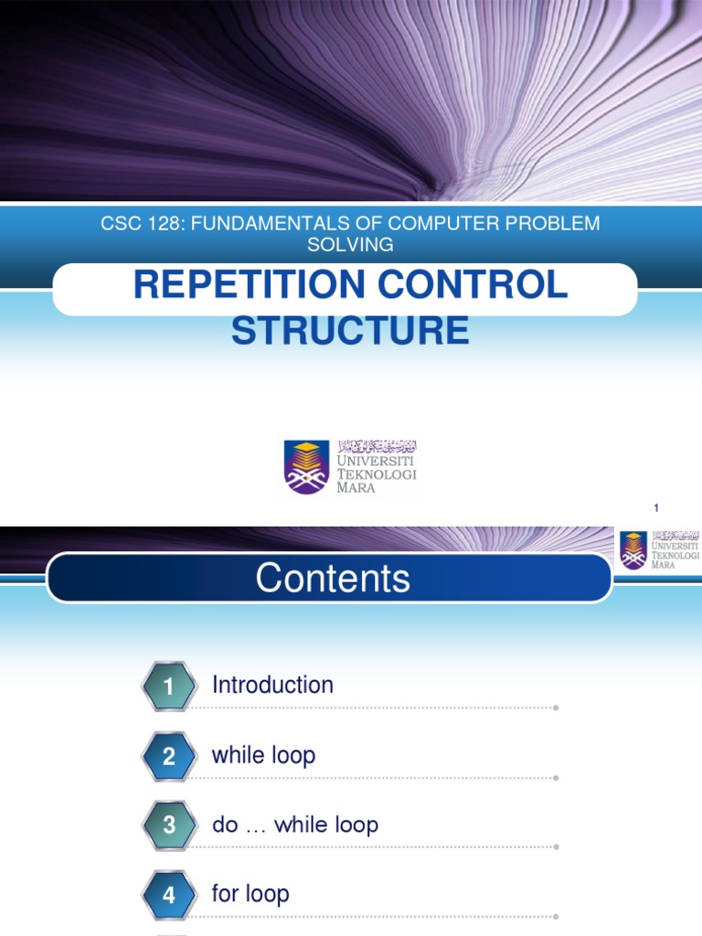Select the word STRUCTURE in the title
click(350, 330)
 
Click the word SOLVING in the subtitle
click(350, 244)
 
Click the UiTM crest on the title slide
click(306, 466)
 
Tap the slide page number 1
click(656, 508)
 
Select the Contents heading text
click(333, 579)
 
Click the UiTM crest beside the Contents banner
click(633, 550)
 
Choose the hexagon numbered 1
click(169, 686)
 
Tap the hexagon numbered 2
click(169, 756)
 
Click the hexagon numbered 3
click(169, 825)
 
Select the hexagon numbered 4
click(169, 895)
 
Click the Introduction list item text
click(272, 685)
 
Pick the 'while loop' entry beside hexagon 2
click(263, 755)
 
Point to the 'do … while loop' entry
click(294, 824)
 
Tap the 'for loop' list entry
click(250, 893)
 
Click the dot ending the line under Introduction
click(556, 707)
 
